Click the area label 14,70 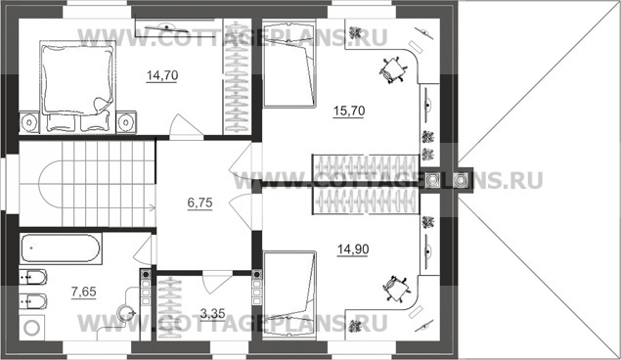tap(162, 75)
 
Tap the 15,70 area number tap(349, 111)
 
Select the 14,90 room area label tap(353, 249)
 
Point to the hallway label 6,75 tap(200, 202)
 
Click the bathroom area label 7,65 tap(83, 292)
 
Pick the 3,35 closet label tap(212, 314)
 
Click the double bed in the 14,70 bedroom tap(77, 86)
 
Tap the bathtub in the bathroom tap(61, 248)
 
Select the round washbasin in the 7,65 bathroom tap(127, 313)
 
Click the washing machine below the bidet tap(32, 327)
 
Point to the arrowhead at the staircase tap(153, 206)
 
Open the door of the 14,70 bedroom tap(187, 125)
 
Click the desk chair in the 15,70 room tap(393, 70)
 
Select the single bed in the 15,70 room tap(289, 63)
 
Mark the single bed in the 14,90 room tap(289, 295)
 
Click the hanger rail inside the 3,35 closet tap(170, 308)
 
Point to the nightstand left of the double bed tap(29, 122)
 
